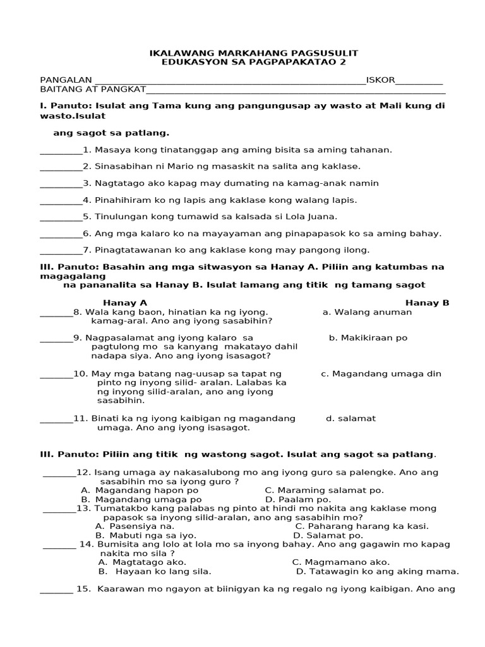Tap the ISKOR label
[x=380, y=80]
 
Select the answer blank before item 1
[x=61, y=150]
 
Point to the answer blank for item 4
[x=61, y=200]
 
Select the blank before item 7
[x=61, y=250]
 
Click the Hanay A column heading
[x=125, y=303]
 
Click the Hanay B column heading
[x=427, y=303]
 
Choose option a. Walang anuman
[x=367, y=311]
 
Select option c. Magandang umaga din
[x=381, y=373]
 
